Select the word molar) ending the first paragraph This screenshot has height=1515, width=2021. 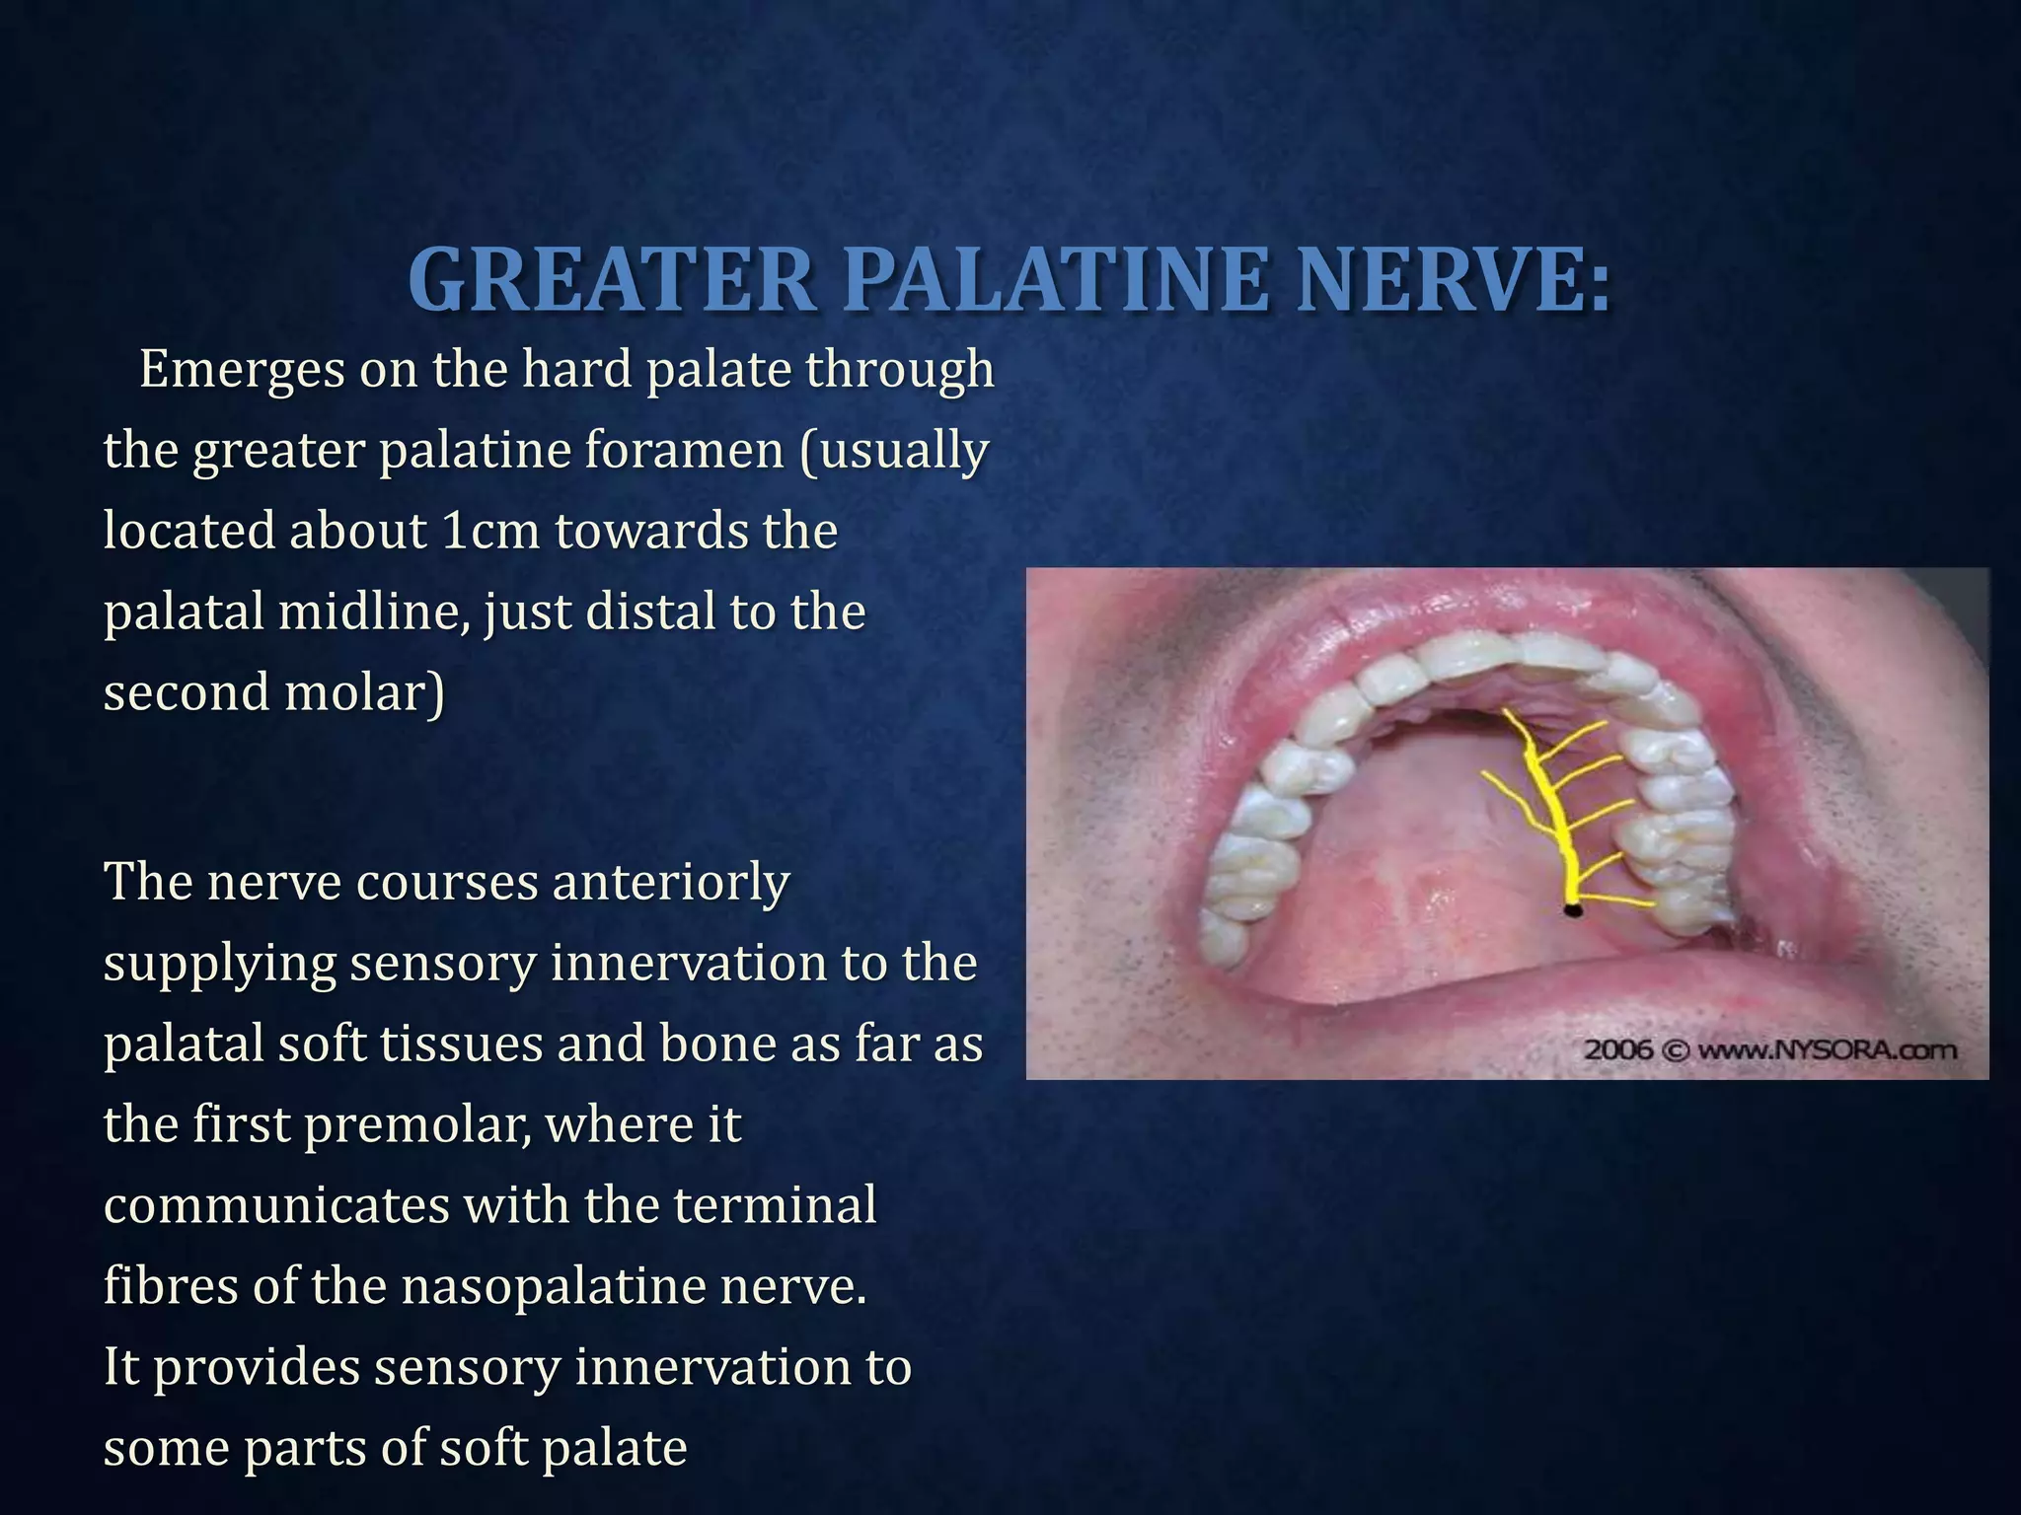pyautogui.click(x=364, y=693)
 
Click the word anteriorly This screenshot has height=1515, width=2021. pyautogui.click(x=670, y=882)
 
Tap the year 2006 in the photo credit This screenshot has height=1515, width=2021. pyautogui.click(x=1617, y=1049)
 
